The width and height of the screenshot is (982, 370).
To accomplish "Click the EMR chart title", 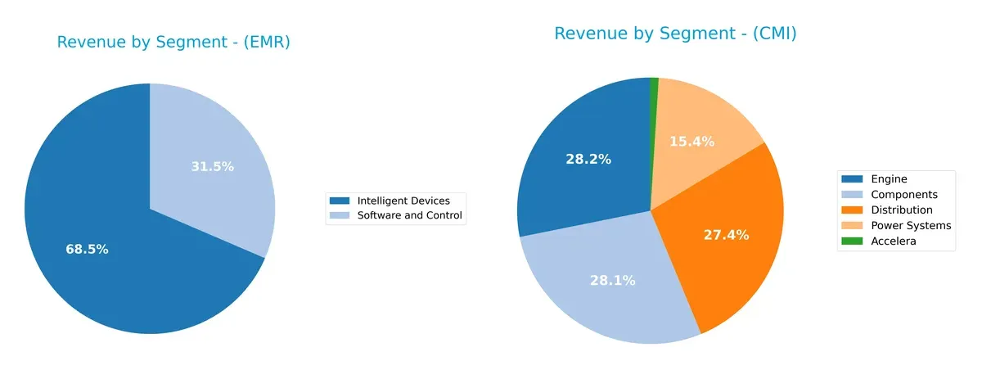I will pos(173,43).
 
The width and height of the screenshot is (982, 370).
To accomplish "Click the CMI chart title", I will pos(675,34).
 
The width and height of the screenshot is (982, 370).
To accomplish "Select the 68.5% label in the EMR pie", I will pos(87,249).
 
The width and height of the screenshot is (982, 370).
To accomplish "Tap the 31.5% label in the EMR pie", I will pos(212,166).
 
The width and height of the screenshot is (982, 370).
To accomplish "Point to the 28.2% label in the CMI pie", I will pos(588,159).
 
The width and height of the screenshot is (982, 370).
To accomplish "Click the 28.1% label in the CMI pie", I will pos(612,280).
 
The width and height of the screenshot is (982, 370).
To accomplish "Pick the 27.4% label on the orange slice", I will pos(726,235).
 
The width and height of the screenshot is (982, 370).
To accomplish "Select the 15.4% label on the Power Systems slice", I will pos(691,142).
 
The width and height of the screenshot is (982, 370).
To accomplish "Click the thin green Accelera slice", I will pos(654,90).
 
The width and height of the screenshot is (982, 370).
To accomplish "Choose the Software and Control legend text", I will pos(409,216).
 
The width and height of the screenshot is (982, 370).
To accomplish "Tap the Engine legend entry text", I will pos(889,179).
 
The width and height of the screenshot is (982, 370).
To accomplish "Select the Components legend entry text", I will pos(904,195).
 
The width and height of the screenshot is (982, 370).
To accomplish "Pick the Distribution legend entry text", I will pos(902,210).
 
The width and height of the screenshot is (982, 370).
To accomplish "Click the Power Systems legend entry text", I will pos(911,225).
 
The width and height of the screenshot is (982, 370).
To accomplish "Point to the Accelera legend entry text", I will pos(894,241).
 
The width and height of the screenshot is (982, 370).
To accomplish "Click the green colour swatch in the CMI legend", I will pos(853,241).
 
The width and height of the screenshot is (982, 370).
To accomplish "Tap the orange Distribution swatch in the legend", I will pos(853,210).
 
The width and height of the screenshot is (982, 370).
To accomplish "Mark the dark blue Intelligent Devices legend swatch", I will pos(340,201).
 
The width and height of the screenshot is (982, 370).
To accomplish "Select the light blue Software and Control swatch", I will pos(340,216).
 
